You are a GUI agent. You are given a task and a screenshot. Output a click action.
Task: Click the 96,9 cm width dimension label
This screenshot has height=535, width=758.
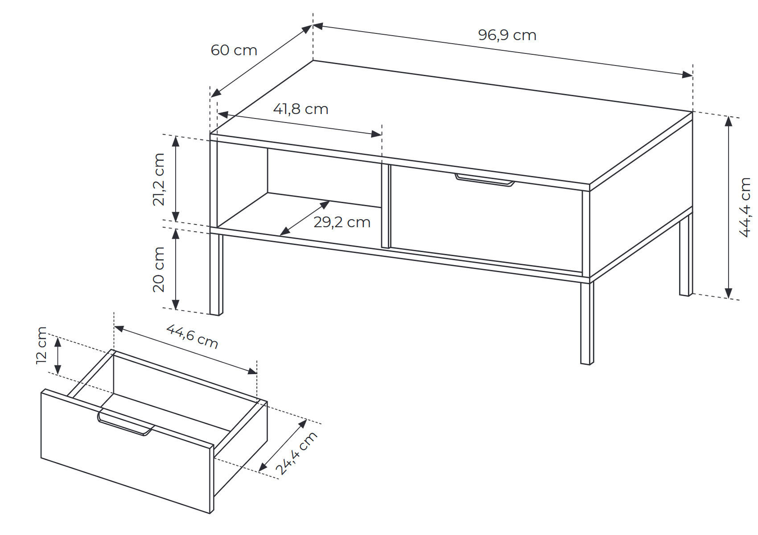[507, 35]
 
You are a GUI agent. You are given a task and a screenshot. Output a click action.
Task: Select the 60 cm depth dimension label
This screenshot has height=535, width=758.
[234, 50]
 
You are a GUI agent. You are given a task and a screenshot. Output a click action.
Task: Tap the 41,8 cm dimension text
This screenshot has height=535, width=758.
[301, 109]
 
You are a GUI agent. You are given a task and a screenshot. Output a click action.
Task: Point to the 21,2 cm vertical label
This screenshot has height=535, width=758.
[159, 180]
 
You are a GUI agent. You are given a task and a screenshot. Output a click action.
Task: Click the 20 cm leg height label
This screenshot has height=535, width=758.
[159, 269]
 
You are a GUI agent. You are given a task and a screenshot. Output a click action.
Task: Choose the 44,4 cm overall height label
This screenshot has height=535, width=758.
[745, 207]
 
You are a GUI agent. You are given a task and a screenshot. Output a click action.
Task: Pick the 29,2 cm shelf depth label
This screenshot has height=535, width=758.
[342, 222]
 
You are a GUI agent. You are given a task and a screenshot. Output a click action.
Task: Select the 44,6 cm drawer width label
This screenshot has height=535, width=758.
[192, 336]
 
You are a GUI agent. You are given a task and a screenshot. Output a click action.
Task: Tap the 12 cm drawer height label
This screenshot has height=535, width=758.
[41, 345]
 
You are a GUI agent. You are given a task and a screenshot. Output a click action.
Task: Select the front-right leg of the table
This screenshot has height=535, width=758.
[587, 323]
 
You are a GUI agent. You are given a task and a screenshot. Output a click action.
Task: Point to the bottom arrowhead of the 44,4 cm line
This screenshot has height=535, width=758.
[729, 293]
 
